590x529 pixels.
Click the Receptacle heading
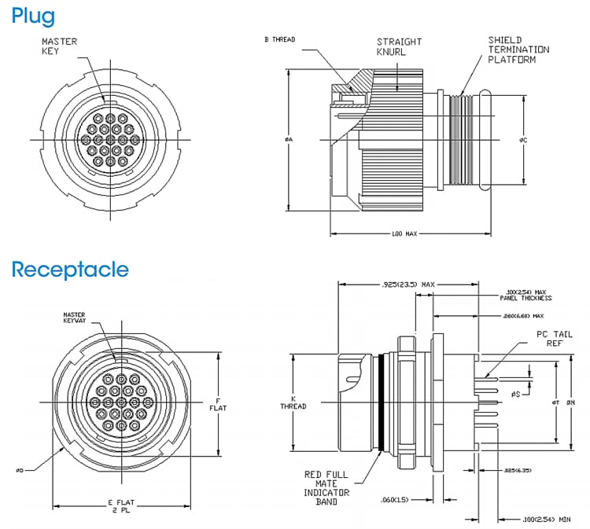pyautogui.click(x=69, y=270)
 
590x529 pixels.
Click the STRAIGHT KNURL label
pyautogui.click(x=399, y=46)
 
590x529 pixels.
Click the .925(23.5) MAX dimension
pyautogui.click(x=407, y=283)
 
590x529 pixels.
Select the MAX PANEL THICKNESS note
pyautogui.click(x=525, y=296)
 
